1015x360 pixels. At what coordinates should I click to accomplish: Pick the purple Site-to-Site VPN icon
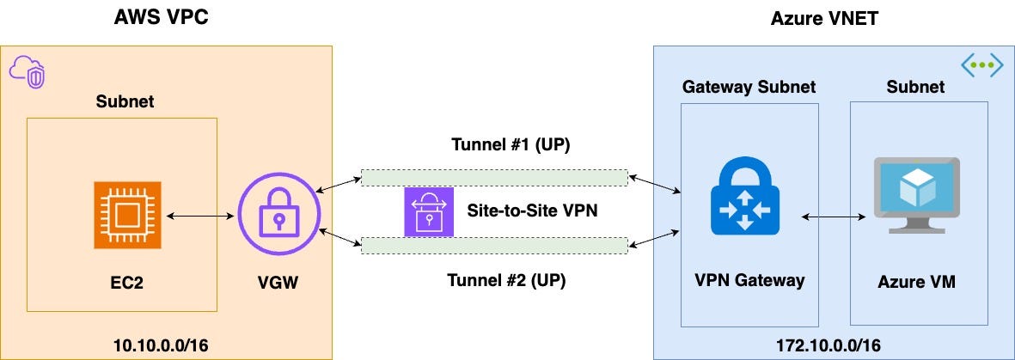[428, 211]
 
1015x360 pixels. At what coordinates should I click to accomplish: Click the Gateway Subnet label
[749, 87]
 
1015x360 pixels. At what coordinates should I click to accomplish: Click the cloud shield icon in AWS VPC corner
[28, 70]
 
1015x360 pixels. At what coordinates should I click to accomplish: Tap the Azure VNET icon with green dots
[981, 64]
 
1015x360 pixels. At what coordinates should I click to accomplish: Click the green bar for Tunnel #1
[493, 177]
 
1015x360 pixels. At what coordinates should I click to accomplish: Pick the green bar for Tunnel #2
[493, 246]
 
